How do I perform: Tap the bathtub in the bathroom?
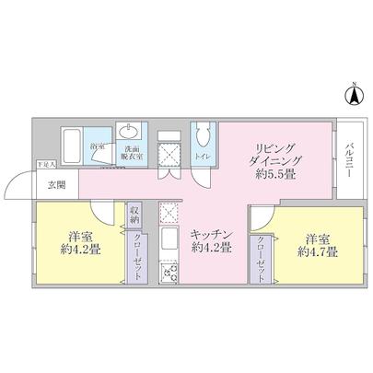click(72, 146)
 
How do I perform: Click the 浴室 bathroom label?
click(97, 146)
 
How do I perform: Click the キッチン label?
click(209, 235)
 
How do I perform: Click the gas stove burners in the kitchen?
click(168, 273)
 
